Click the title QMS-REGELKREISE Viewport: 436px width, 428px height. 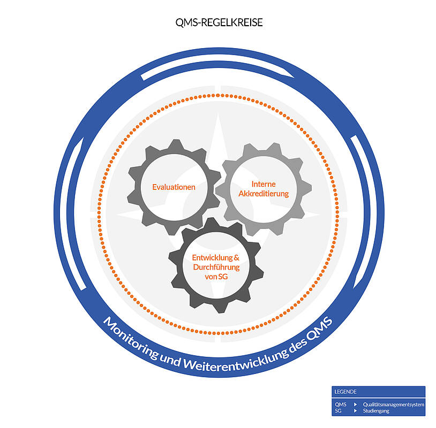pos(219,22)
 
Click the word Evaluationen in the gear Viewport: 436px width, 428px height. pos(174,187)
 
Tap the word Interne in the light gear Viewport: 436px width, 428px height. pos(264,184)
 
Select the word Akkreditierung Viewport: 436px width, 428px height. pos(264,193)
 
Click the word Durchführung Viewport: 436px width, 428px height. pos(216,267)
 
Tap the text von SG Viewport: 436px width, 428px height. pos(216,277)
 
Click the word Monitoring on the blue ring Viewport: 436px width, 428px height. pos(131,338)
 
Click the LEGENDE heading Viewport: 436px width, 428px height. pos(345,392)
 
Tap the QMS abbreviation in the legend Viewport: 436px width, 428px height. pos(341,404)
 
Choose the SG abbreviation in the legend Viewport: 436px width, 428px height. pos(338,411)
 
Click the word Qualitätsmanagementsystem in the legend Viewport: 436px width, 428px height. pos(394,404)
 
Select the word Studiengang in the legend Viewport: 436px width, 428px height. pos(376,411)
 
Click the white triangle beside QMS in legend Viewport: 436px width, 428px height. pos(355,404)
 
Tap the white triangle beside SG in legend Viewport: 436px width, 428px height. pos(355,411)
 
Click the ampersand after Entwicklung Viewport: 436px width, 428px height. pos(236,258)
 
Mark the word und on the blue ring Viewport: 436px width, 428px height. pos(170,359)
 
